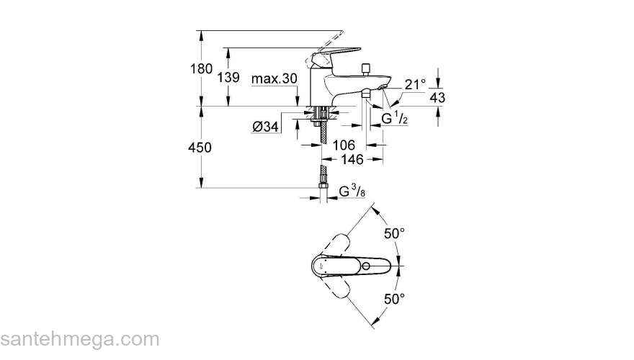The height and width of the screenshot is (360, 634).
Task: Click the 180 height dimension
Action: pyautogui.click(x=201, y=69)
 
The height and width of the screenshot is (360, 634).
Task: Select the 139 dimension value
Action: pyautogui.click(x=228, y=77)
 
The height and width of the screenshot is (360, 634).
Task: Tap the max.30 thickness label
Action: pyautogui.click(x=274, y=78)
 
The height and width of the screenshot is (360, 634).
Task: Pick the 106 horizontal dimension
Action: pyautogui.click(x=344, y=145)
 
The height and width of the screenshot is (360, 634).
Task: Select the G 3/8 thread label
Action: pyautogui.click(x=352, y=192)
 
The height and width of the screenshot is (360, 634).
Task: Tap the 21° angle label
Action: pyautogui.click(x=415, y=84)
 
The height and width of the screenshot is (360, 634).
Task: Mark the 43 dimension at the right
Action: pyautogui.click(x=437, y=97)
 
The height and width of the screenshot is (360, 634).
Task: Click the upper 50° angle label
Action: pyautogui.click(x=394, y=234)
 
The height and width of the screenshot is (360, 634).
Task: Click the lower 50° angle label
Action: pyautogui.click(x=394, y=298)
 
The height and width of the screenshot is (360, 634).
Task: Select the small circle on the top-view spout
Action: pyautogui.click(x=368, y=266)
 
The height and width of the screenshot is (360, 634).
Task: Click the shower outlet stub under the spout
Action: pyautogui.click(x=366, y=93)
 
